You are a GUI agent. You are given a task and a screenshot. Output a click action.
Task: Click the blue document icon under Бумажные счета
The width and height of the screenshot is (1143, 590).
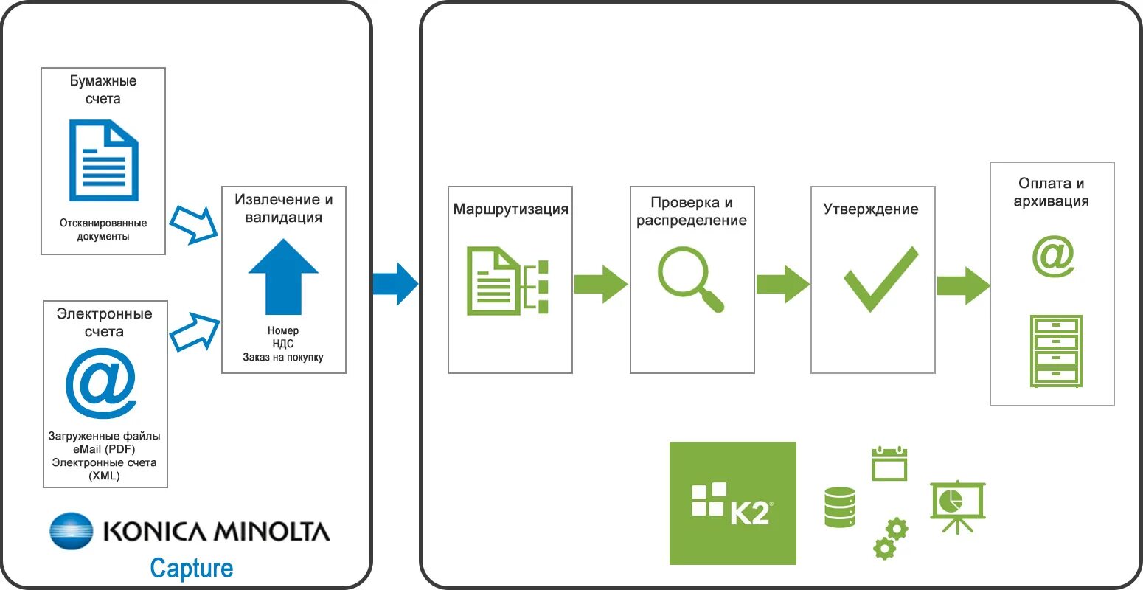103,160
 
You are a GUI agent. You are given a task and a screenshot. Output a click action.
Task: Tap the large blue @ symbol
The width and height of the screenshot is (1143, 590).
101,383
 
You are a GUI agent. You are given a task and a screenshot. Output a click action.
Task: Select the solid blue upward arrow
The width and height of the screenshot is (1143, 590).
283,277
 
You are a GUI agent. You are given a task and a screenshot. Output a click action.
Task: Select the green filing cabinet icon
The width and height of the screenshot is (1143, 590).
1056,351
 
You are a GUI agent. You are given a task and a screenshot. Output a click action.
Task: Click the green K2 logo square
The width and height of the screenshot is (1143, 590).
732,503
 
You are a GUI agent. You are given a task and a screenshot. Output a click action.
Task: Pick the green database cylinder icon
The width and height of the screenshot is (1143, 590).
839,507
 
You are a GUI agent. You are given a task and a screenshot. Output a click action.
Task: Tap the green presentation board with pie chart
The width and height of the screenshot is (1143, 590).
957,506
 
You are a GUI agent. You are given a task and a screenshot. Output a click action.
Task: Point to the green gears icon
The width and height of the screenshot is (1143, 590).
890,538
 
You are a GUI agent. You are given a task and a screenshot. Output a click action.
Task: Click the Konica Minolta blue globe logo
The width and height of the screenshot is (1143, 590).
72,531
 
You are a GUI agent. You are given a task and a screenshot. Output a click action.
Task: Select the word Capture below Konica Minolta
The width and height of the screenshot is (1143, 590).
191,568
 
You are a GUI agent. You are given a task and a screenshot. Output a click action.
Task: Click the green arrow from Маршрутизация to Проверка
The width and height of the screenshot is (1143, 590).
600,284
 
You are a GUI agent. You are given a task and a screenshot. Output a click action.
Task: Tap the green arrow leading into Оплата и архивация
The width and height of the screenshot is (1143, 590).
962,285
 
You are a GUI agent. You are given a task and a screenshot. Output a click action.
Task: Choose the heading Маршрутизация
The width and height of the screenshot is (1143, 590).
510,209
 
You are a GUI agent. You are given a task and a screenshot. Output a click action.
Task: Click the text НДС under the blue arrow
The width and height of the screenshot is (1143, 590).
283,344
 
